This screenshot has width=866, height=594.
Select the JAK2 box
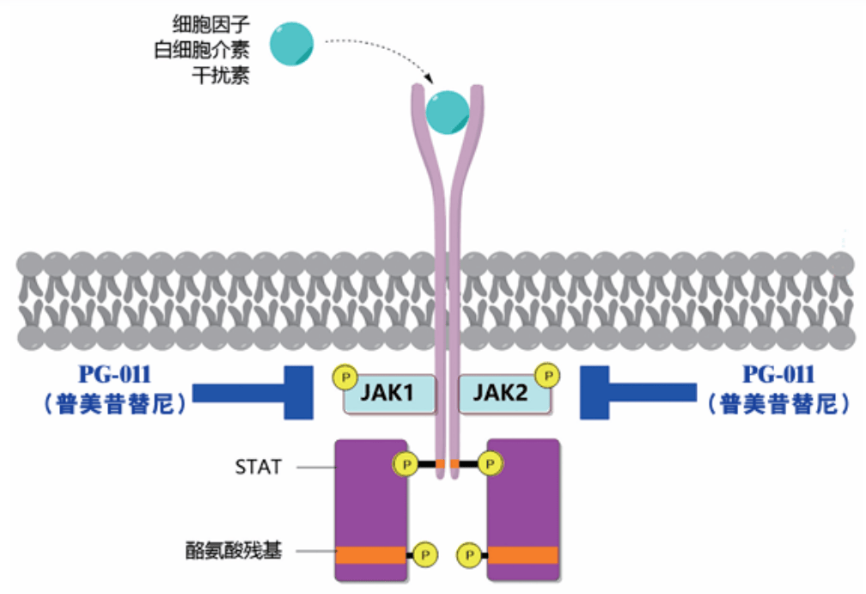pos(500,395)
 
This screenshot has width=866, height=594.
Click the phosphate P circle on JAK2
pos(546,376)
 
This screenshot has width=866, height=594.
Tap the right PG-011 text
pos(778,375)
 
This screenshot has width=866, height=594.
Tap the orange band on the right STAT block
pos(524,555)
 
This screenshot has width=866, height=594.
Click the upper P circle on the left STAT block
pos(405,464)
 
